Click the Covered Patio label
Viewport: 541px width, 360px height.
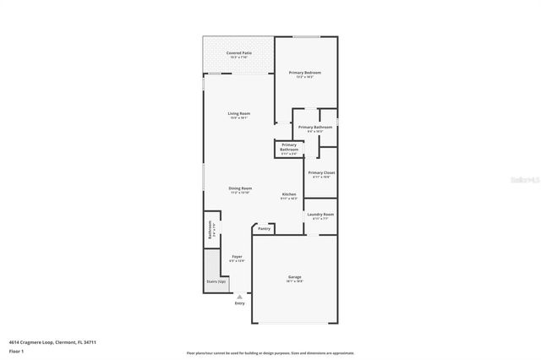(x=238, y=52)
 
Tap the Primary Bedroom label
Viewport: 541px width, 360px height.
(x=304, y=73)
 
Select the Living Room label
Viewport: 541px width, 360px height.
(x=238, y=113)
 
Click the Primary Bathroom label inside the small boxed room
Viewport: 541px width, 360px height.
(x=289, y=147)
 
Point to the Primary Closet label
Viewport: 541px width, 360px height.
(x=321, y=172)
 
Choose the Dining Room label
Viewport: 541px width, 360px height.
(x=240, y=188)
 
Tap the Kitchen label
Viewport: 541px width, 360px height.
(x=289, y=194)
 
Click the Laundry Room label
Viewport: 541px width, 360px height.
(x=320, y=214)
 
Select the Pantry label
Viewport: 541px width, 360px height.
(x=264, y=228)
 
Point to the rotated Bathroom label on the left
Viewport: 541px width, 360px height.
(x=209, y=231)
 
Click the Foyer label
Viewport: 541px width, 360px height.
(x=238, y=256)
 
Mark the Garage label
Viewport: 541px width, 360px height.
(x=295, y=276)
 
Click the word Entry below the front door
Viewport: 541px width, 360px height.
(x=240, y=303)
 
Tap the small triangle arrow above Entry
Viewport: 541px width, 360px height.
(x=240, y=296)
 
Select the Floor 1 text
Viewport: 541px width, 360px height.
(x=16, y=350)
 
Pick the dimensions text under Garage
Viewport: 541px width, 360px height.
(x=295, y=281)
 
